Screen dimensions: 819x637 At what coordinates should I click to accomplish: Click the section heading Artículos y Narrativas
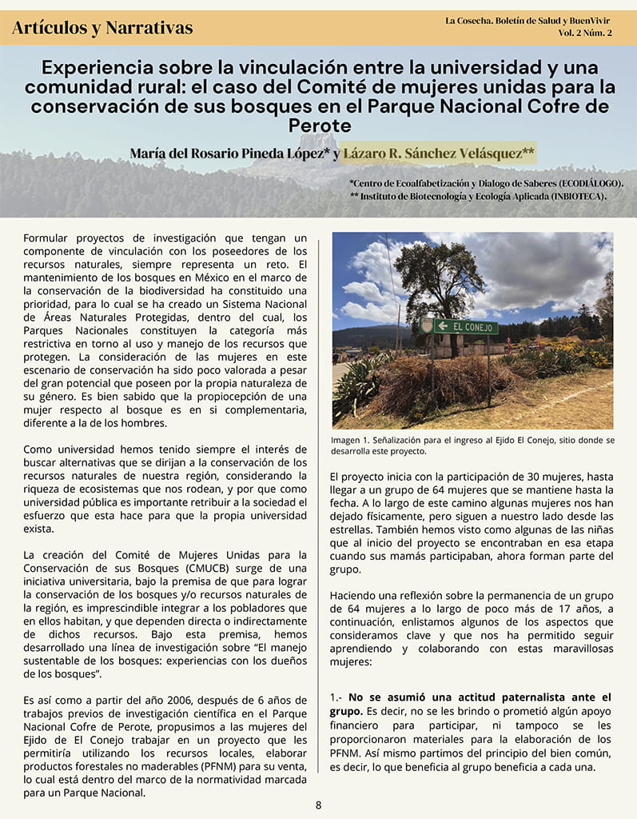tap(102, 28)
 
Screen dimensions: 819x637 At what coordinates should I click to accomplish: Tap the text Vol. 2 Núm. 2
tap(585, 33)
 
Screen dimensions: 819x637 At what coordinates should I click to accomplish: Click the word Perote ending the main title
tap(319, 126)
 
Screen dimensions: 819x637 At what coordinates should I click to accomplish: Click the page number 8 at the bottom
tap(318, 805)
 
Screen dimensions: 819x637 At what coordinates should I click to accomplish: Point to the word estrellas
tap(352, 529)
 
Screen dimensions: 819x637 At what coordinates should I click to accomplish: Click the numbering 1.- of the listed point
tap(336, 697)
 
